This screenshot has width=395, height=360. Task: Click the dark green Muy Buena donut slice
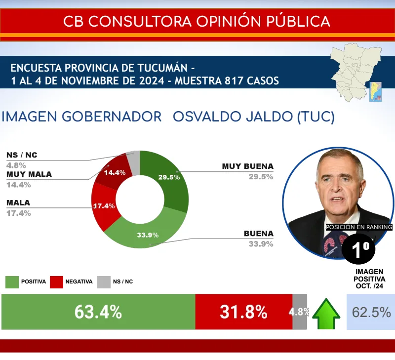pos(174,181)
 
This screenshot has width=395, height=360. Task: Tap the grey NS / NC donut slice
pos(134,162)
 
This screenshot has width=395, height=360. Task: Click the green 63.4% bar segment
pos(98,312)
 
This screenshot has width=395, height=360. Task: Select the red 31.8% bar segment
pos(244,312)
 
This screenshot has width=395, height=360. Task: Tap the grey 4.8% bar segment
pos(300,312)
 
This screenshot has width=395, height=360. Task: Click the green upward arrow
pos(326,314)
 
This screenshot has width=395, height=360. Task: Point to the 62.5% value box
pos(371,312)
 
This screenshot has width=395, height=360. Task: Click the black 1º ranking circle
pos(358,249)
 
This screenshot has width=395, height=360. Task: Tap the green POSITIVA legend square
pos(12,282)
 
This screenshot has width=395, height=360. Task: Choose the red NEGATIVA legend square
pos(56,282)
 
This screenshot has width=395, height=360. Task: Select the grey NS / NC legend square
pos(104,282)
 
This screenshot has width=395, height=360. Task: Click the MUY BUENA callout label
pos(248,166)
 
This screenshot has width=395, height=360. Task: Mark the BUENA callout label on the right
pos(259,234)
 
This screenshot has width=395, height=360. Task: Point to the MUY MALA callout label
pos(29,174)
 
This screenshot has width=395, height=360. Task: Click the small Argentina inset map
pos(375,92)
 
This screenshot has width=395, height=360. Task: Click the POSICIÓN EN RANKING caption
pos(359,227)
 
